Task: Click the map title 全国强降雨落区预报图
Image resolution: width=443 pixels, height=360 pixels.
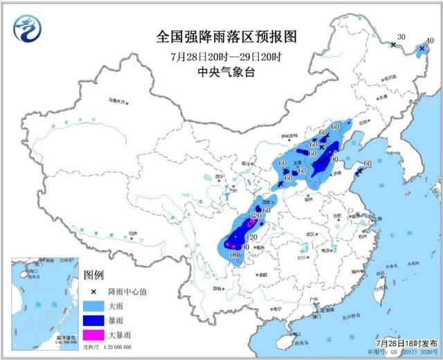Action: pos(212,36)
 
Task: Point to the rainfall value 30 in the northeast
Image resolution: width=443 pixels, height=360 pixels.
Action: pos(400,37)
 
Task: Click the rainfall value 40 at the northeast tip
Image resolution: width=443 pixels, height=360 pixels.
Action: pos(430,42)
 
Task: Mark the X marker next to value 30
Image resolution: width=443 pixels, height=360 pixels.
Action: pos(392,45)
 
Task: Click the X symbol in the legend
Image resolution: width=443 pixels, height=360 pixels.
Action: pos(92,291)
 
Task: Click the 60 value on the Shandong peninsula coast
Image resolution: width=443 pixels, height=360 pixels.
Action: pos(368,164)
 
